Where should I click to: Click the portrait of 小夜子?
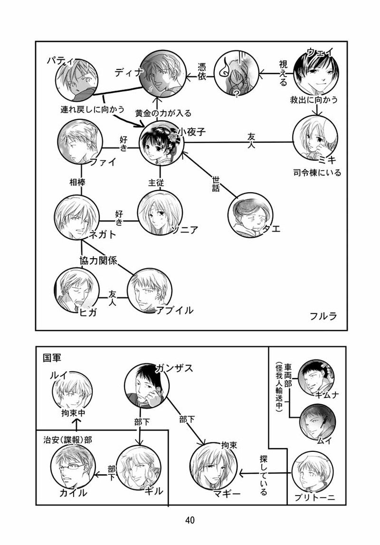[162, 142]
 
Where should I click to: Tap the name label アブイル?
[175, 310]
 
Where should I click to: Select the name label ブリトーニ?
[314, 497]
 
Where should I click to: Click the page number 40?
[190, 520]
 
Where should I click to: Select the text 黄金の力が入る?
[163, 113]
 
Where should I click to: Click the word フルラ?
[323, 316]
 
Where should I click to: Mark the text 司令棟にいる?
[317, 173]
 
